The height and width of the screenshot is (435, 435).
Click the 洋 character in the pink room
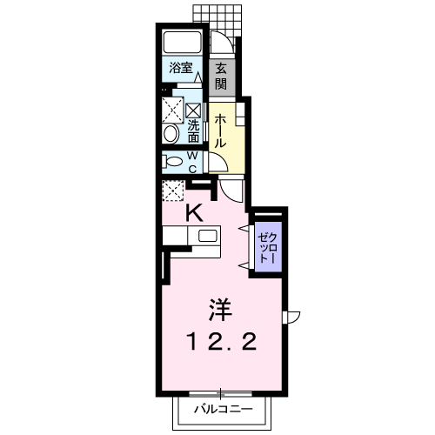pos(221,308)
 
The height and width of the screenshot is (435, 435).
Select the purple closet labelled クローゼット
pos(266,247)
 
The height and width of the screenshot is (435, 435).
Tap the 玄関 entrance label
pos(222,77)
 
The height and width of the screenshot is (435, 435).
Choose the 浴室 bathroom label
pos(180,68)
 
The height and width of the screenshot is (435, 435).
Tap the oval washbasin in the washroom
pos(171,134)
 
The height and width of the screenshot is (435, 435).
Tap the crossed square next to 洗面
pos(171,110)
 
